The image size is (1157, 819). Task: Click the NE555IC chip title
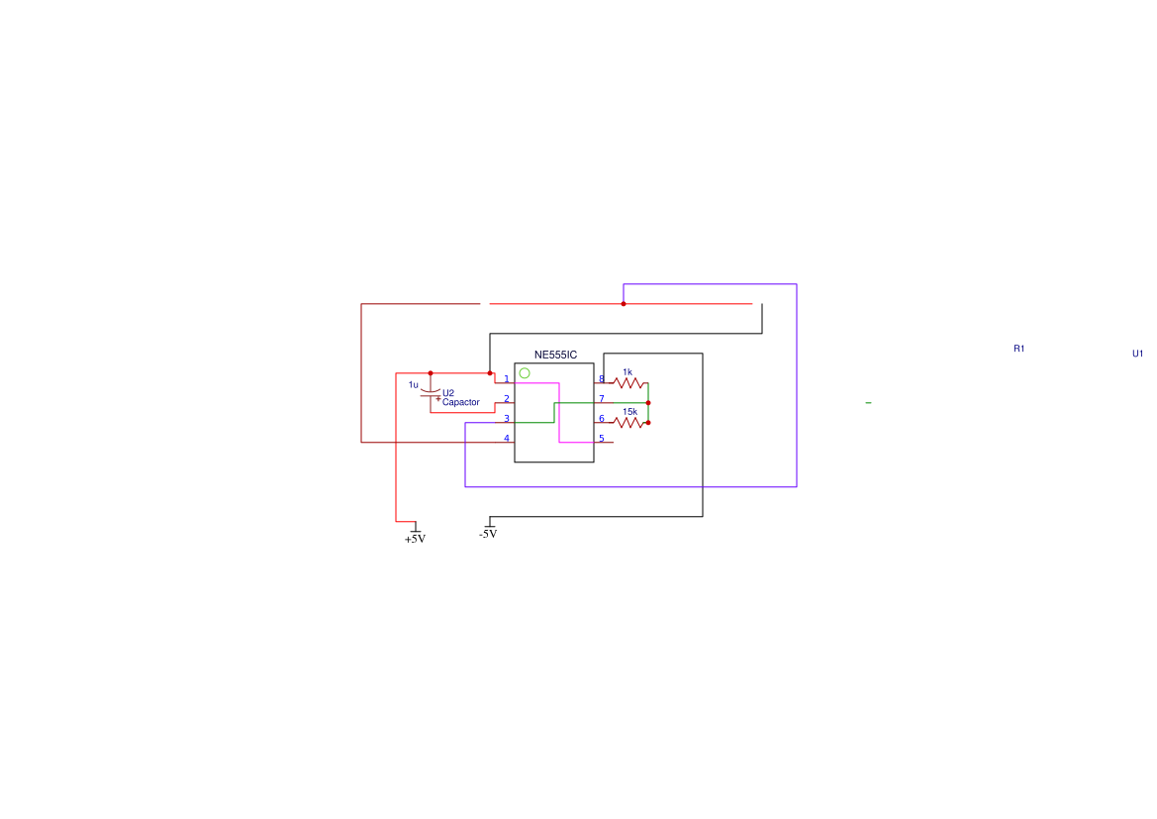point(555,356)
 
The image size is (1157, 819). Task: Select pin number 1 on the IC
point(506,379)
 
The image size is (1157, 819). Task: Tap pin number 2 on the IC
point(506,399)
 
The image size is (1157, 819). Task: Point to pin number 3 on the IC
point(506,419)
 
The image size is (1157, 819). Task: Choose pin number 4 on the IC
point(506,439)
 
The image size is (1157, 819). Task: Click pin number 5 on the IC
point(602,439)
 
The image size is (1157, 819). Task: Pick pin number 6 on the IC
point(602,419)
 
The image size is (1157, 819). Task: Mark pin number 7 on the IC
point(602,399)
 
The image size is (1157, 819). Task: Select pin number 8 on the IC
point(602,379)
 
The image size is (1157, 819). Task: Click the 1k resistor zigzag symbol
point(628,383)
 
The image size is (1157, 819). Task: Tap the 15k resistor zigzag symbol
point(628,423)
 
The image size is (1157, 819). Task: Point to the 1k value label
point(627,372)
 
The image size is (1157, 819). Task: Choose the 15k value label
point(630,412)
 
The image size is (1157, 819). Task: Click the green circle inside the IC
point(525,373)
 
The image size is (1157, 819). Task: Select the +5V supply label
point(415,539)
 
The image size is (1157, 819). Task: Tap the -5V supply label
point(488,534)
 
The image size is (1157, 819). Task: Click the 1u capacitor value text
point(414,385)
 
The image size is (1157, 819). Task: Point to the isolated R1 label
point(1019,349)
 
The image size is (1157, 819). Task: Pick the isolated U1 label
point(1138,354)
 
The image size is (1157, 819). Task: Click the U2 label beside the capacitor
point(448,393)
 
